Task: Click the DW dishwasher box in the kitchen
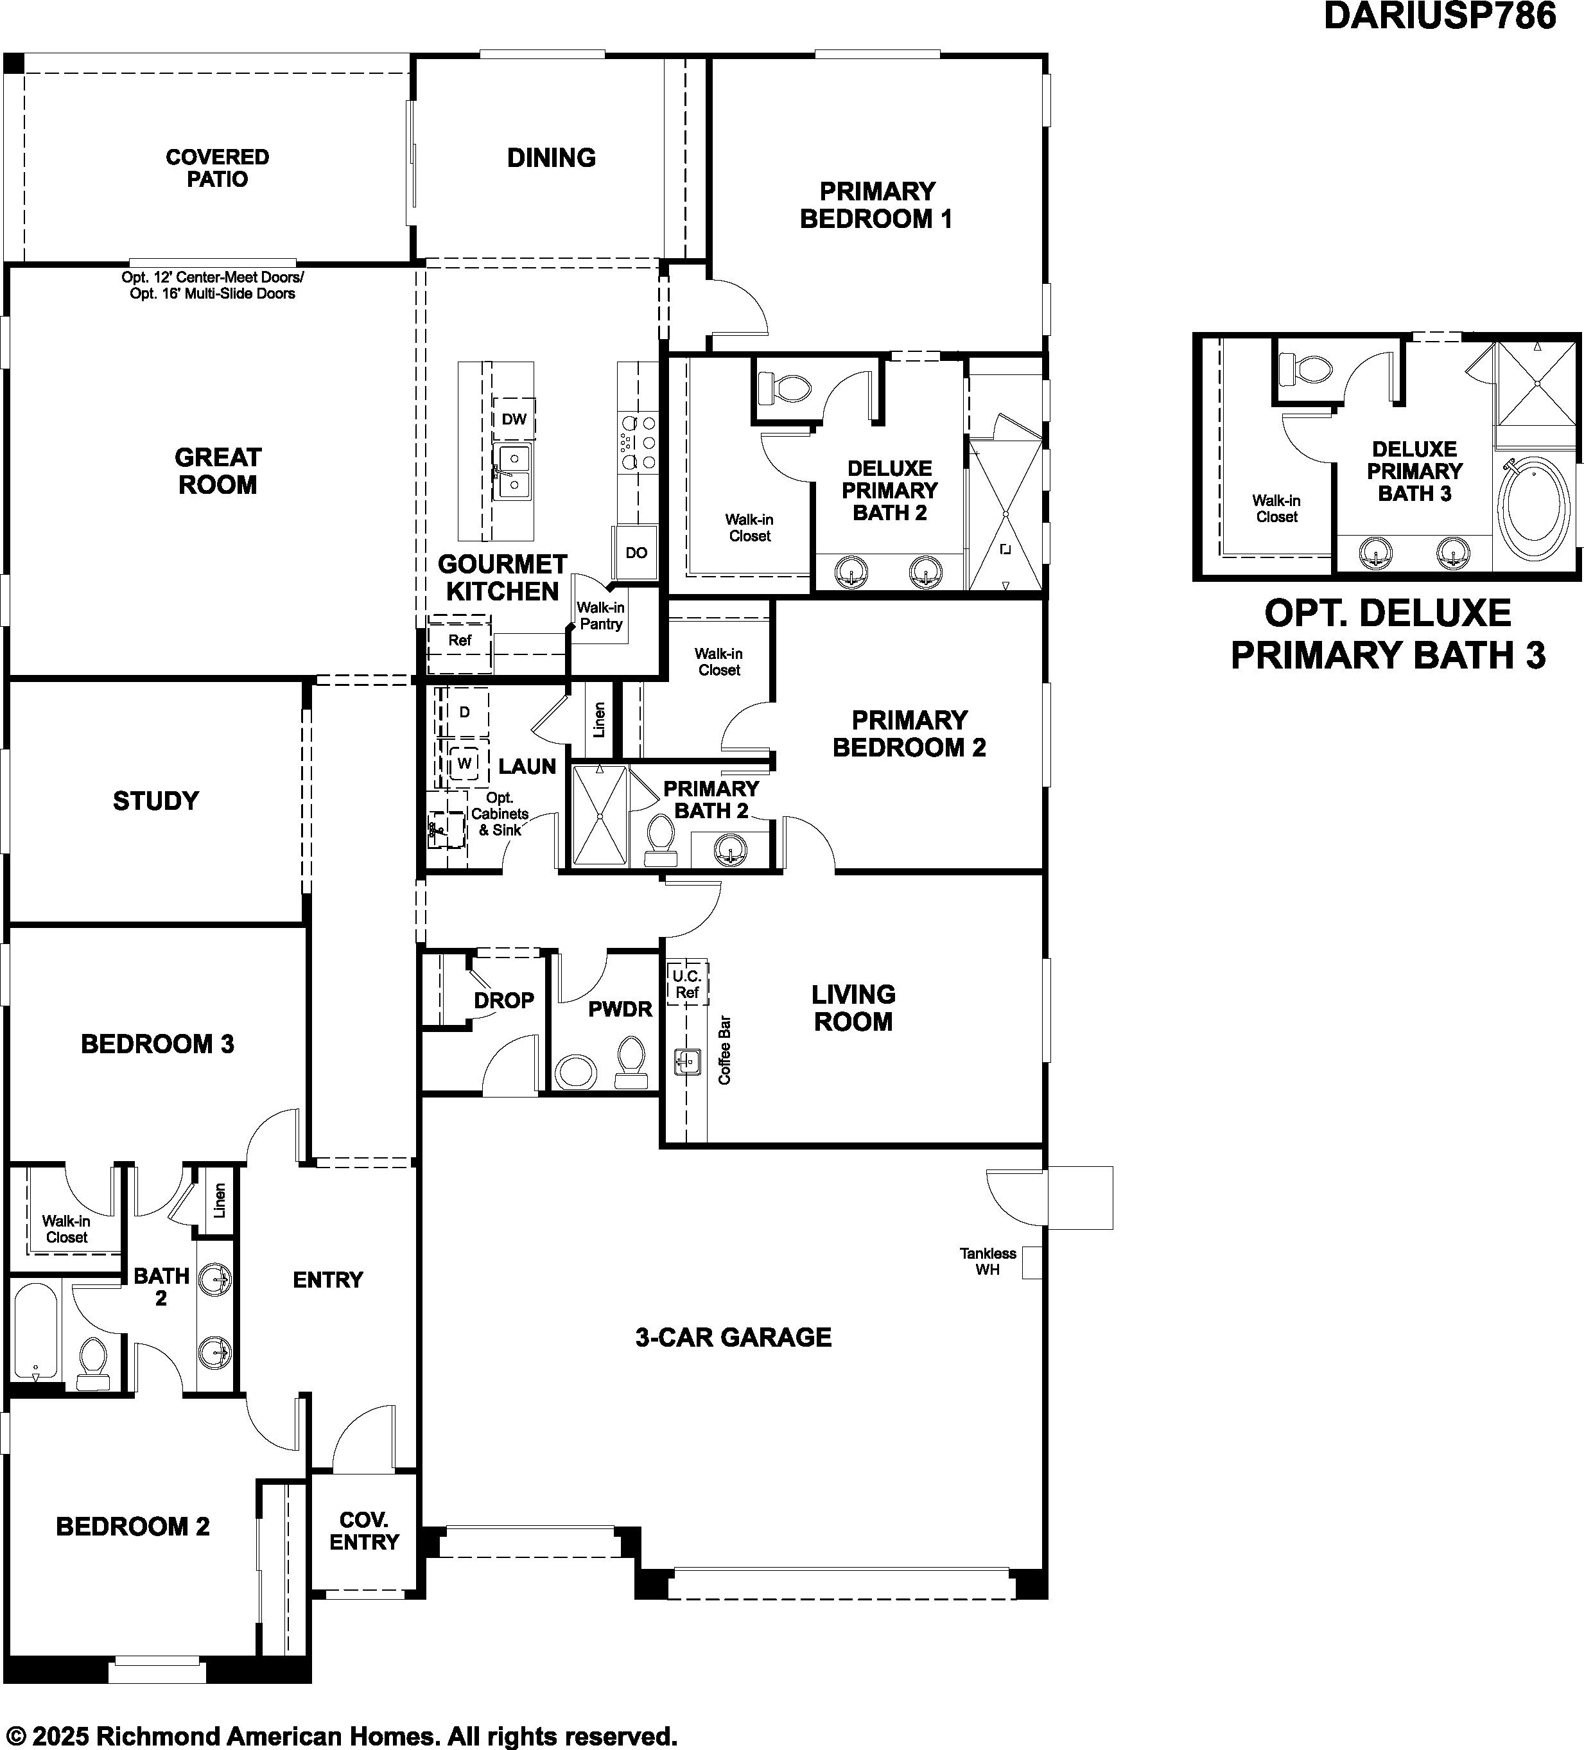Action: coord(514,419)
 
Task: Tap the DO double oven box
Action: coord(636,552)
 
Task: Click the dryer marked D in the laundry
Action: coord(464,712)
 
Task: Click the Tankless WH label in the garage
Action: coord(988,1261)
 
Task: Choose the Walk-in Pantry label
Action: coord(600,615)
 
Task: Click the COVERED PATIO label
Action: coord(218,168)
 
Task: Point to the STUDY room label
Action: coord(156,800)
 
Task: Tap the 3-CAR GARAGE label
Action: coord(733,1337)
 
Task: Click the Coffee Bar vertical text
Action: coord(725,1051)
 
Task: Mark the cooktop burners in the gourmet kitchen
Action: coord(638,442)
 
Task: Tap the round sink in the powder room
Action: coord(575,1071)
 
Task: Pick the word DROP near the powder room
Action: coord(503,1000)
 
